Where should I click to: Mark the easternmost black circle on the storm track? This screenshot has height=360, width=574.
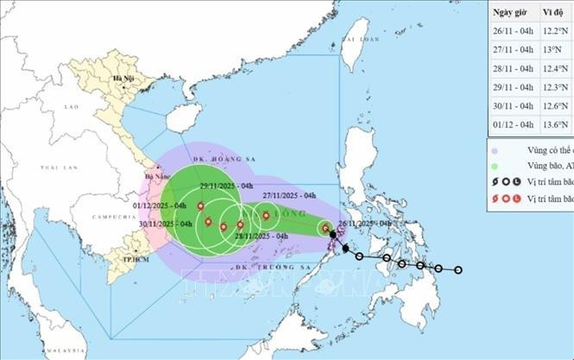[458, 270]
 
